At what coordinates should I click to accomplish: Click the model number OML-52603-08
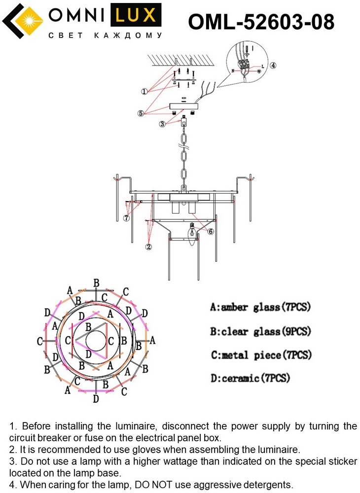click(261, 22)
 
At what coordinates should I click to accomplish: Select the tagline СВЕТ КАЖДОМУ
click(105, 35)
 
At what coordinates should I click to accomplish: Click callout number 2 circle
click(149, 246)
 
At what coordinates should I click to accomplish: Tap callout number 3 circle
click(162, 124)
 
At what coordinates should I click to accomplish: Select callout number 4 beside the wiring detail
click(273, 65)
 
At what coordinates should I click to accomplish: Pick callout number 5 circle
click(141, 113)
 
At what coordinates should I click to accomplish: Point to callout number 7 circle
click(127, 218)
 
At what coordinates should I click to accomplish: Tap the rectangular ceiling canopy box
click(183, 106)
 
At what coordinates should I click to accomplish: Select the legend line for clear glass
click(260, 331)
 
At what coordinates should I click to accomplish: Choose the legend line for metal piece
click(261, 355)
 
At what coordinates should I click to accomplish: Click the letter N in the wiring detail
click(232, 70)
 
